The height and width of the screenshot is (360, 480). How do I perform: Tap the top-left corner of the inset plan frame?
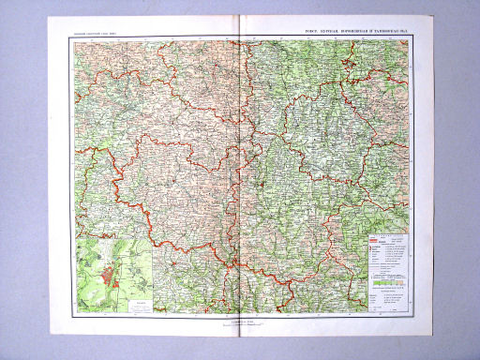pos(75,238)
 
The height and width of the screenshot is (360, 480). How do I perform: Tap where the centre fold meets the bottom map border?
pos(241,314)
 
